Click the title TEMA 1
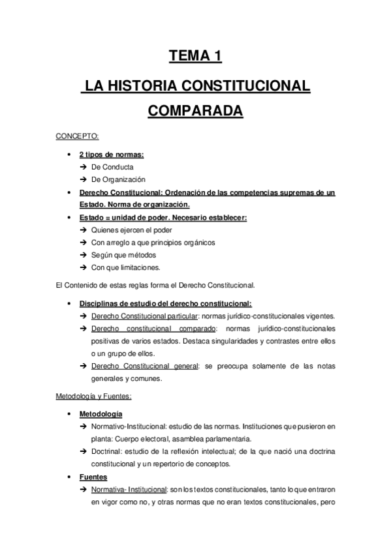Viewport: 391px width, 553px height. [195, 56]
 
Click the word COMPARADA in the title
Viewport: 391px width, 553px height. [195, 110]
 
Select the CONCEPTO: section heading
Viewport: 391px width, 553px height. [77, 136]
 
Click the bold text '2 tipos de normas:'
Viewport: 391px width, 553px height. [111, 155]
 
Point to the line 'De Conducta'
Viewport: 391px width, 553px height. [112, 167]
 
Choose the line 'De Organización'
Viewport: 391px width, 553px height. [118, 179]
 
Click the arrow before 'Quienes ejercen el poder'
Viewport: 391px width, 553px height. [83, 230]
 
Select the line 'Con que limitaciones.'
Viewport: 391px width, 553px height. [126, 267]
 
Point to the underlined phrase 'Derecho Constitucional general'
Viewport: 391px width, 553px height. [145, 366]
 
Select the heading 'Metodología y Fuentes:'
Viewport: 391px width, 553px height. [94, 396]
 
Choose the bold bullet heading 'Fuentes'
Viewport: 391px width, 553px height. [93, 477]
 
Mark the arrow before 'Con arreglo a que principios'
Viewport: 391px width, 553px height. [83, 243]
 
